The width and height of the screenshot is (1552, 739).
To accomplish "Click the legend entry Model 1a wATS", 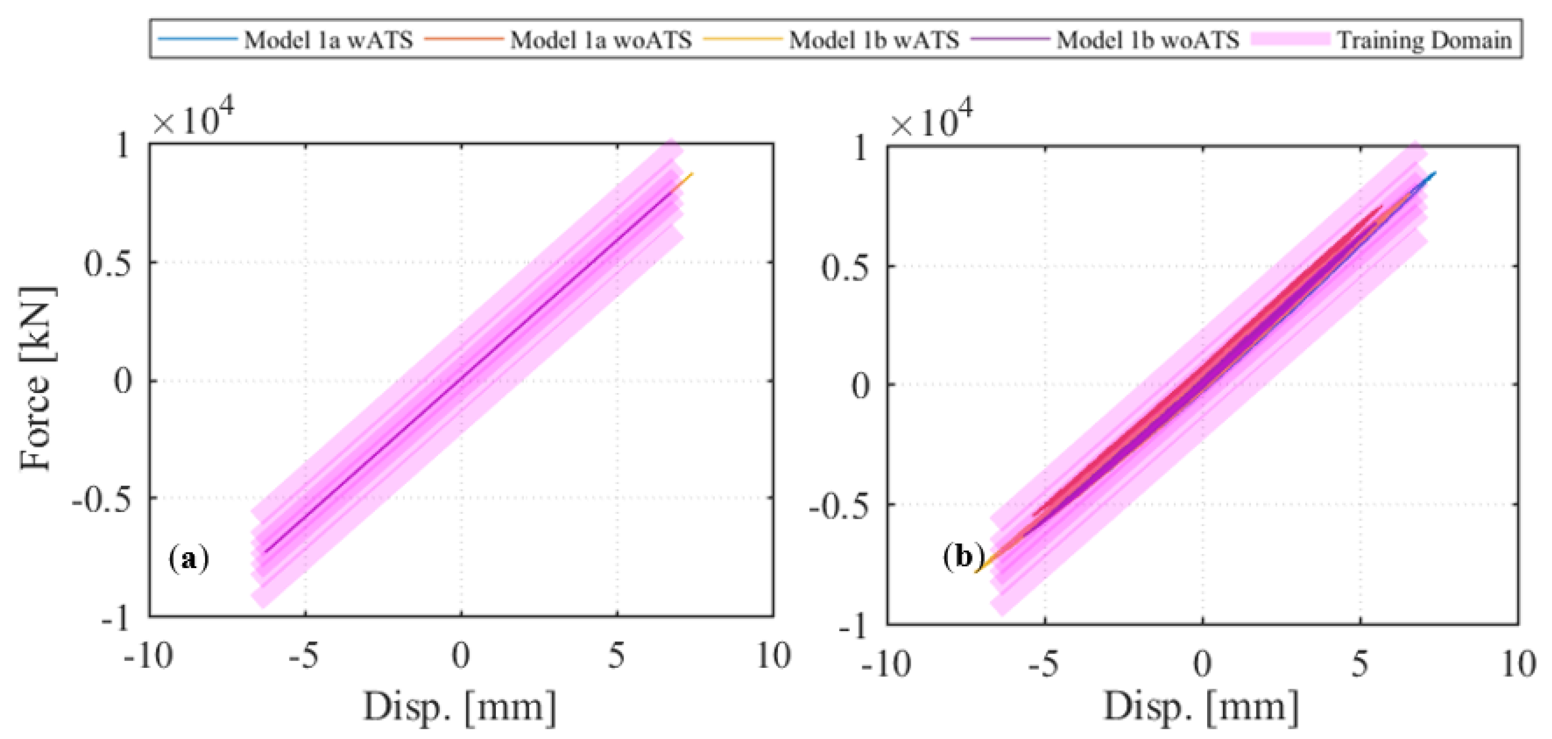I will point(328,40).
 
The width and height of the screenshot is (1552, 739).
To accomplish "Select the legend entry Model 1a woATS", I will point(601,40).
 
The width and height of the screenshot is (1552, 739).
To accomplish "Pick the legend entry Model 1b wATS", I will point(873,40).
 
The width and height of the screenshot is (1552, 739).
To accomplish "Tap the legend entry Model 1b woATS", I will point(1148,40).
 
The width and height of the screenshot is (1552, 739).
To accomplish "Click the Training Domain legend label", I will point(1424,40).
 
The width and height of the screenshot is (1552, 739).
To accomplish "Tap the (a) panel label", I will point(189,558).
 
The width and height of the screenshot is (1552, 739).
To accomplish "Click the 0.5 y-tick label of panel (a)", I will point(107,263).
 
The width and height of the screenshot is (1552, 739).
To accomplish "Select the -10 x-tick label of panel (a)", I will point(148,655).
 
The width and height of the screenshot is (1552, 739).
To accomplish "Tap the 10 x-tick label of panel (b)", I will point(1518,664).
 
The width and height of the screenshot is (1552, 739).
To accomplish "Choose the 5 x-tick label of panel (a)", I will point(616,655).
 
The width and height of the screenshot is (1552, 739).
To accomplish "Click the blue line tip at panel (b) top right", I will point(1435,173).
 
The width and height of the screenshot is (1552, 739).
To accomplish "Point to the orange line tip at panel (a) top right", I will point(692,174).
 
